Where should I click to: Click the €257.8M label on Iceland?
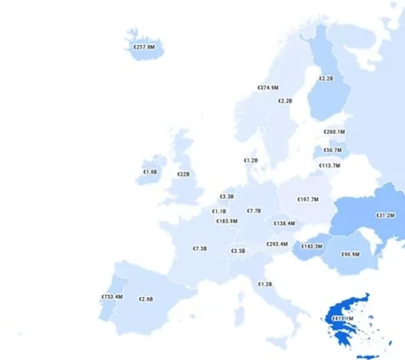144,46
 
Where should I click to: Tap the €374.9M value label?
268,87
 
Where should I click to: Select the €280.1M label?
334,132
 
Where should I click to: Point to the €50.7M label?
331,150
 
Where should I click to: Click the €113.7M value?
329,166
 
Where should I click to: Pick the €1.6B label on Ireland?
150,171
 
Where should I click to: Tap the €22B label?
183,174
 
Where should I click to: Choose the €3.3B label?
227,196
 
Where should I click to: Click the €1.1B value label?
220,211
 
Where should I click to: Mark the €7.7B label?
254,211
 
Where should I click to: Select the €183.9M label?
227,221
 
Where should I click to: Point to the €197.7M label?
308,200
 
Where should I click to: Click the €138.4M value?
284,223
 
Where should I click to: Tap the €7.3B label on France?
200,248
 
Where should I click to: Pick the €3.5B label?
238,251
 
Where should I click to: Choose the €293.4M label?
277,244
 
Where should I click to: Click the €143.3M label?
311,246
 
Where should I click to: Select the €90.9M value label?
350,254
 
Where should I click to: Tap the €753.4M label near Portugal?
112,297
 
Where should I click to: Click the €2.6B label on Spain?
146,299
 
